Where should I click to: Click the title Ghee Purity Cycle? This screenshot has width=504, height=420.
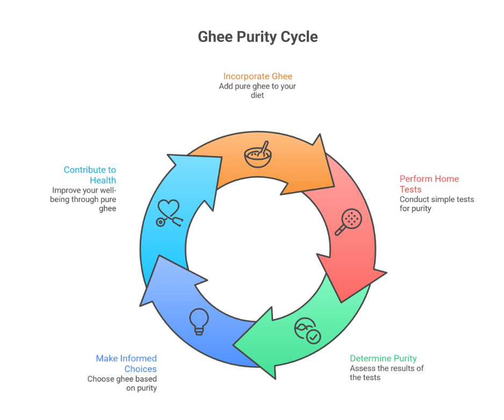coord(258,37)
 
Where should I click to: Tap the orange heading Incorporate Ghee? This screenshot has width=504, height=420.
coord(258,76)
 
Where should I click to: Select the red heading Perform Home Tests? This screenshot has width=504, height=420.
coord(429,184)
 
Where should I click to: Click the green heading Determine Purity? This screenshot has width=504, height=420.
coord(383,358)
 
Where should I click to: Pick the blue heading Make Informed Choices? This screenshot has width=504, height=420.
coord(126,364)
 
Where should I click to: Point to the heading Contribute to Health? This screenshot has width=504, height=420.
coord(90,175)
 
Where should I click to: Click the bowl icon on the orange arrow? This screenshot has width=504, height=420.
coord(258,154)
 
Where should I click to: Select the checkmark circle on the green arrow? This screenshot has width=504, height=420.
coord(313,337)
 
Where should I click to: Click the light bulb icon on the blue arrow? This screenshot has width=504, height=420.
coord(199,322)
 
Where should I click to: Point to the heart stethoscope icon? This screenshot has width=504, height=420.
coord(170,213)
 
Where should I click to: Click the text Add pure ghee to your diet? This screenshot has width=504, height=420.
coord(257,91)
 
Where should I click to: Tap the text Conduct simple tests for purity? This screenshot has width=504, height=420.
coord(437,204)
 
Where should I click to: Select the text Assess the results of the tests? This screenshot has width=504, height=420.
coord(387,373)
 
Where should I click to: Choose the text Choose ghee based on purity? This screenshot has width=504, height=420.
coord(122,383)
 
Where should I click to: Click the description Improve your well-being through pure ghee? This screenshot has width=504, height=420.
coord(83,200)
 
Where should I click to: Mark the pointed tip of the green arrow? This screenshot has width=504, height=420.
coord(233,345)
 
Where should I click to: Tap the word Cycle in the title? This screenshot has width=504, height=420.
coord(299,37)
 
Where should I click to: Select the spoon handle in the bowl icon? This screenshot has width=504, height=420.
coord(264,148)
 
